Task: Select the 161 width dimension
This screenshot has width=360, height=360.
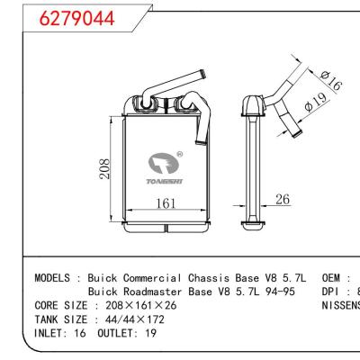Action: pyautogui.click(x=163, y=204)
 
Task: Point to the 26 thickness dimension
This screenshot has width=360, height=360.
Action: pyautogui.click(x=282, y=200)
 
